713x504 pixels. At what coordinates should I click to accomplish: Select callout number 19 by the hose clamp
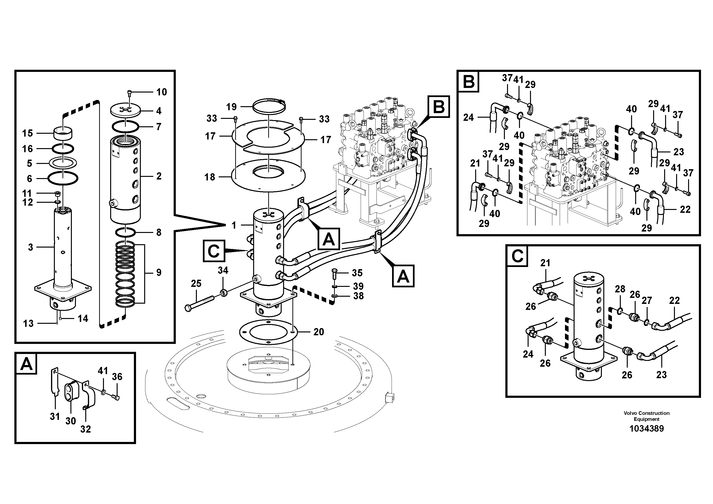(231, 107)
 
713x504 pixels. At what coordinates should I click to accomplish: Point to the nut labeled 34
(223, 292)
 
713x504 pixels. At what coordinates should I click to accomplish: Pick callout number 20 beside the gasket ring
(319, 332)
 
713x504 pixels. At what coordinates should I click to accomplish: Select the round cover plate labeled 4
(126, 111)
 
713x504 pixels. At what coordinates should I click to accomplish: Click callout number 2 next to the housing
(159, 176)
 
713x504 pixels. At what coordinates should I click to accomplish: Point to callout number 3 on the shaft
(30, 247)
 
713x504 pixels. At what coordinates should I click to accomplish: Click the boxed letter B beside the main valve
(439, 107)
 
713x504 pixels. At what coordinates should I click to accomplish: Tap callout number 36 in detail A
(117, 377)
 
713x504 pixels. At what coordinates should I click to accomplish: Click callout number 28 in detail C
(620, 289)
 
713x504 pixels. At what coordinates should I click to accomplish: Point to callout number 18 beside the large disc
(210, 177)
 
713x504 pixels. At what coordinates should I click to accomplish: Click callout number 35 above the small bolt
(357, 273)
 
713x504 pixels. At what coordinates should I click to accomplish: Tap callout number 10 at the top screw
(161, 92)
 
